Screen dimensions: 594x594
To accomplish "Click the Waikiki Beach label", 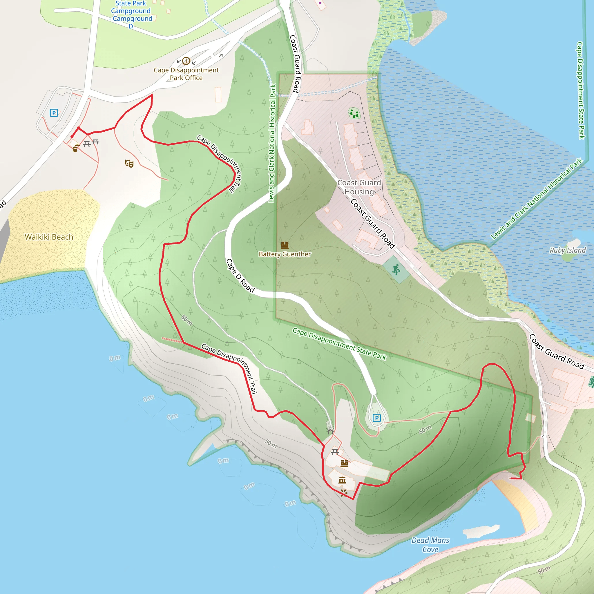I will click(49, 237).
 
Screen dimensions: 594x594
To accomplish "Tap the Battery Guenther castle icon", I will click(285, 245).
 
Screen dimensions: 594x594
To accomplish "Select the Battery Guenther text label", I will click(285, 254).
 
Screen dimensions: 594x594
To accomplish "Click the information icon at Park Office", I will click(186, 61).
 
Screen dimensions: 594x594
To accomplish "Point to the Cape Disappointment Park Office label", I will click(186, 74).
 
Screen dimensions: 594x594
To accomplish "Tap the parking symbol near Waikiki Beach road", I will click(54, 113).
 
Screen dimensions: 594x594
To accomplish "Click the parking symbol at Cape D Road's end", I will click(377, 418).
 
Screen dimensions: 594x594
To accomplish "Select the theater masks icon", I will click(129, 163).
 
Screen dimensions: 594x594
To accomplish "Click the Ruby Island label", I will click(568, 250).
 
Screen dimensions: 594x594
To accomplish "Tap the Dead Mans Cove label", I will click(430, 544).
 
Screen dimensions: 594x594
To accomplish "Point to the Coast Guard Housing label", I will click(359, 187).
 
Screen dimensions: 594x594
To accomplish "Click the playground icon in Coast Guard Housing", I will click(354, 113).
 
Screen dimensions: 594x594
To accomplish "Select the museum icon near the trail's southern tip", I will click(342, 480).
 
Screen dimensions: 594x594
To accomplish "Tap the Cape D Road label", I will click(240, 276).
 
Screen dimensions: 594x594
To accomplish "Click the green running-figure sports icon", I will click(396, 269).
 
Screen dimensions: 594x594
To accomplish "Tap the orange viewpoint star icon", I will click(344, 493).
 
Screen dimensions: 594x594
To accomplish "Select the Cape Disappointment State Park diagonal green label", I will click(339, 344).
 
